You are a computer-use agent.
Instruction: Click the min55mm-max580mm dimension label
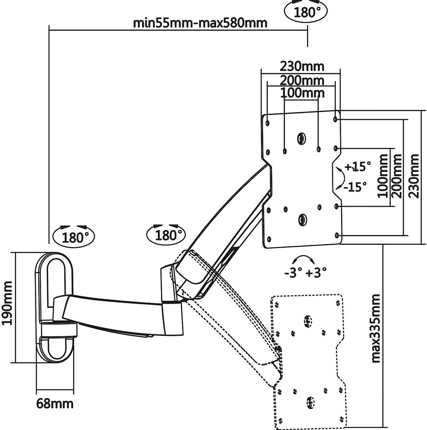[200, 22]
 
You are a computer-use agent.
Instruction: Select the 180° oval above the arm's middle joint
[166, 235]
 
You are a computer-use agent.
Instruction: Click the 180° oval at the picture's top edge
[306, 12]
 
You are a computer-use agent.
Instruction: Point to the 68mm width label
[55, 403]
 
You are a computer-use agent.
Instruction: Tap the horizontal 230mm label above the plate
[302, 66]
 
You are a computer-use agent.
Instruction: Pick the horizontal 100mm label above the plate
[302, 93]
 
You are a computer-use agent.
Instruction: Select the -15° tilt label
[354, 186]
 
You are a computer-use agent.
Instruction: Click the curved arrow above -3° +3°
[303, 258]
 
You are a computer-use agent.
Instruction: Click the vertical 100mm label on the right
[382, 176]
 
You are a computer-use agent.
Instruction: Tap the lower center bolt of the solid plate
[302, 219]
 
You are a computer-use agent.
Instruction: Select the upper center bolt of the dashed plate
[308, 320]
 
